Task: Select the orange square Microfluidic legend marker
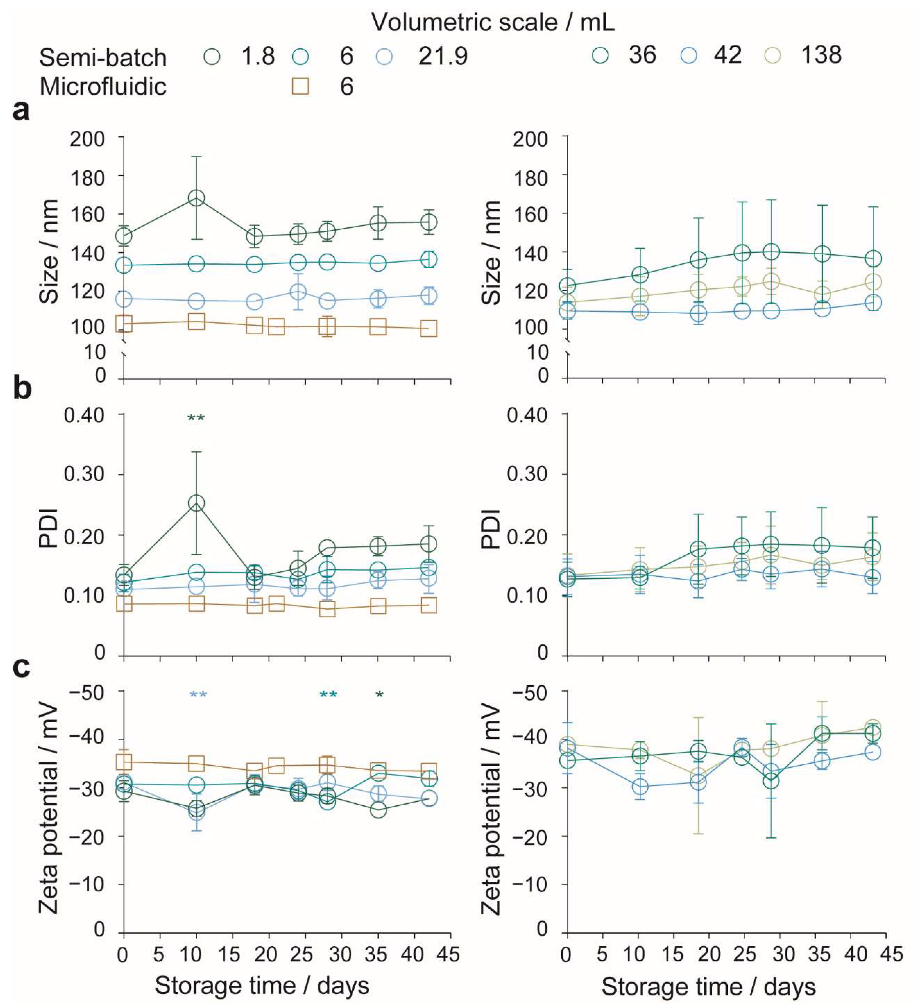300,86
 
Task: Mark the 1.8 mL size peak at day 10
196,198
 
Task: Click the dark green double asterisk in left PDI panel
196,418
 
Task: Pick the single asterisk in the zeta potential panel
379,694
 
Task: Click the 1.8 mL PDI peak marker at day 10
196,503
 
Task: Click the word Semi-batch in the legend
103,57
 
